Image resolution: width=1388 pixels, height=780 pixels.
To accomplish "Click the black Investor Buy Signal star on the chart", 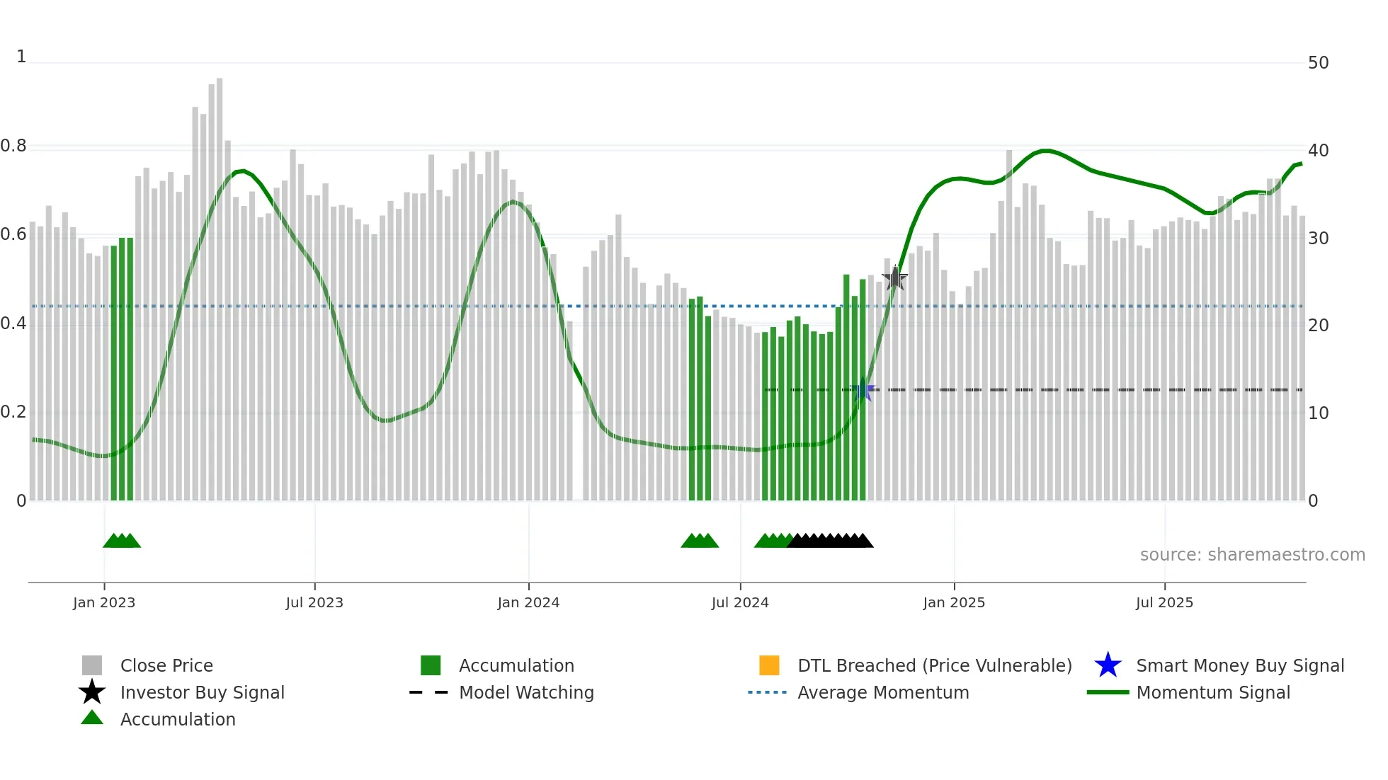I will pyautogui.click(x=895, y=278).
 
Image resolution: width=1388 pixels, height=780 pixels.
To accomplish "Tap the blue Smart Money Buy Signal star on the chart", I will pyautogui.click(x=863, y=390).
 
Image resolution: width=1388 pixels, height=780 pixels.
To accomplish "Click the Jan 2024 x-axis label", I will pyautogui.click(x=528, y=602).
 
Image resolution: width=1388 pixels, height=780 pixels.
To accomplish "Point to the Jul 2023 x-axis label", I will pyautogui.click(x=314, y=602).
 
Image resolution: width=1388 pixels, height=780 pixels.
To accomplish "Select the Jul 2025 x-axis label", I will pyautogui.click(x=1164, y=602).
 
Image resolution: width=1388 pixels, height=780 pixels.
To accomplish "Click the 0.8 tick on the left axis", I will pyautogui.click(x=13, y=147).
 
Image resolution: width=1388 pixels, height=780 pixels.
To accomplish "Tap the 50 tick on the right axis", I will pyautogui.click(x=1318, y=63).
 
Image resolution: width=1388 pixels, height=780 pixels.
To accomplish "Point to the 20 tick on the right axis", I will pyautogui.click(x=1318, y=326).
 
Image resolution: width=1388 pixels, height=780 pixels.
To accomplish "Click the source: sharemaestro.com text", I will pyautogui.click(x=1252, y=555).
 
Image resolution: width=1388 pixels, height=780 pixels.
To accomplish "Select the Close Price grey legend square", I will pyautogui.click(x=92, y=665).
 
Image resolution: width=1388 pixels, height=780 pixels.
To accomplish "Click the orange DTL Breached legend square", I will pyautogui.click(x=769, y=665).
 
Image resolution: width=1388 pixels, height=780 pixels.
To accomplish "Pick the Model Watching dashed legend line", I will pyautogui.click(x=428, y=692).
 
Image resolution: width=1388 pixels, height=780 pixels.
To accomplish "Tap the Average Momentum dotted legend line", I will pyautogui.click(x=767, y=692).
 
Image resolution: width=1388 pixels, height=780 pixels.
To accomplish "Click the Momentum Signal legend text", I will pyautogui.click(x=1213, y=692).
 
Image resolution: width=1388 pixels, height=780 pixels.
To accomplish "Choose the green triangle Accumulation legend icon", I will pyautogui.click(x=92, y=718).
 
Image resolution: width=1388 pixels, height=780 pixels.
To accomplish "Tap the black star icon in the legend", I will pyautogui.click(x=92, y=692).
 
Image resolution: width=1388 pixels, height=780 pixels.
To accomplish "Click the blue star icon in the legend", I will pyautogui.click(x=1108, y=665).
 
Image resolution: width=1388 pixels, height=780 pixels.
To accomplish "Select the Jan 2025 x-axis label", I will pyautogui.click(x=954, y=602).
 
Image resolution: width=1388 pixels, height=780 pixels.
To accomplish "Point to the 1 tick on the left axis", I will pyautogui.click(x=21, y=57).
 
